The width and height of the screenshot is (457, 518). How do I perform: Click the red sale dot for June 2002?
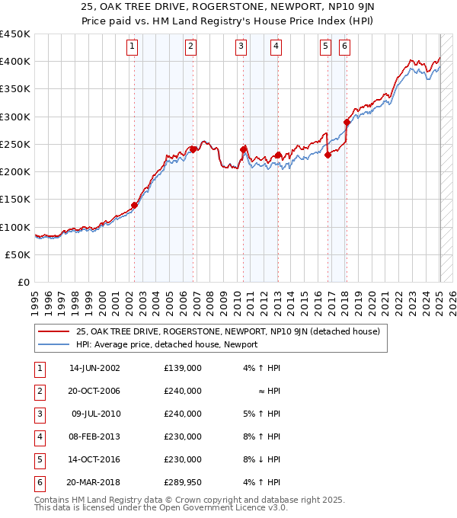(x=135, y=205)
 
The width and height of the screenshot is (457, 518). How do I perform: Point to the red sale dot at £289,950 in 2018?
(x=347, y=122)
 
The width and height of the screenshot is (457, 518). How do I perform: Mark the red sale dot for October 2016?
(x=328, y=155)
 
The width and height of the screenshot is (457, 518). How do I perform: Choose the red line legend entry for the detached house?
(x=221, y=331)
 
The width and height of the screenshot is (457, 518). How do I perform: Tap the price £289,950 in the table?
(x=183, y=482)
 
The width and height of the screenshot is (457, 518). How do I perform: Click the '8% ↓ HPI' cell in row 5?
(x=263, y=459)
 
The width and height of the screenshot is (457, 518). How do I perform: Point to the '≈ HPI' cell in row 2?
(x=270, y=391)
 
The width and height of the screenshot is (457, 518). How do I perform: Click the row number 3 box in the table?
(x=39, y=414)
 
